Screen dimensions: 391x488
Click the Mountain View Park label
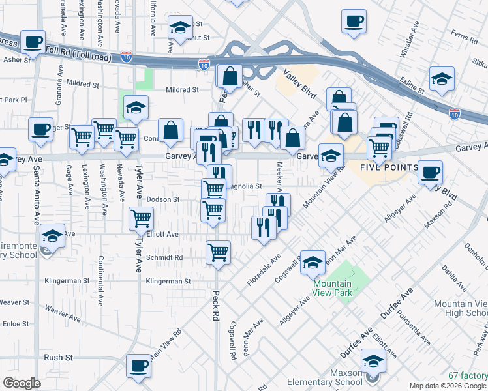pos(332,288)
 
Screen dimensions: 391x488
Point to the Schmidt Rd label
pos(164,257)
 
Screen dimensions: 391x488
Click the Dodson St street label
pos(164,199)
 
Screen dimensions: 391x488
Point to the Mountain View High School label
pos(460,308)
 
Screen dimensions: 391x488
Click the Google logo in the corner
pos(22,383)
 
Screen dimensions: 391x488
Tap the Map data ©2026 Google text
pos(447,386)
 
